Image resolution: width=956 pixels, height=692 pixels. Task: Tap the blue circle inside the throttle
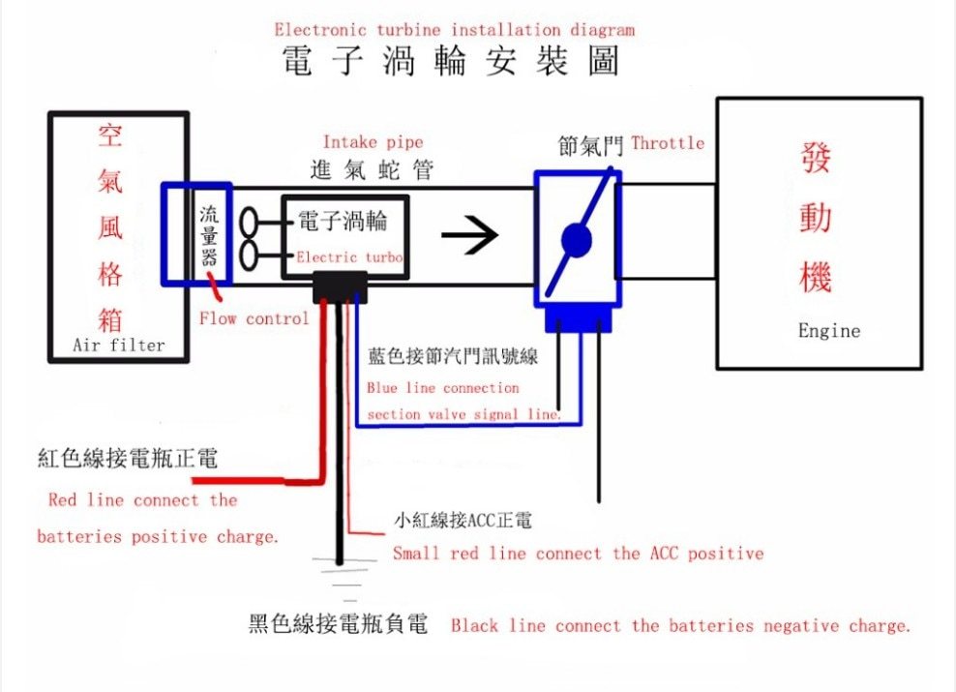tap(577, 240)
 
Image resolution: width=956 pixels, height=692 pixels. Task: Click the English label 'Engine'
tap(828, 331)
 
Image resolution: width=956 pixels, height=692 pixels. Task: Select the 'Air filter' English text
tap(118, 345)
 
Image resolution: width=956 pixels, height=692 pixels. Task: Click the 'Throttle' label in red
tap(668, 143)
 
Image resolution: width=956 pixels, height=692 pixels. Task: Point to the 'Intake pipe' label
tap(373, 142)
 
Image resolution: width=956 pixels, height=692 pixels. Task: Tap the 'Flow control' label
tap(254, 318)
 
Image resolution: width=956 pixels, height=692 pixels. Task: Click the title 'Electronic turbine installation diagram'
tap(455, 30)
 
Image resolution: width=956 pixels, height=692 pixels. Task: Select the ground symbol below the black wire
tap(340, 575)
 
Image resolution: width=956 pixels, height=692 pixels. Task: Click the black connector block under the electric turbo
tap(341, 286)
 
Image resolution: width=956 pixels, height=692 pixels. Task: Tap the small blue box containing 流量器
tap(209, 235)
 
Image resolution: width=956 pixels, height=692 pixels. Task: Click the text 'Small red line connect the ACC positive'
tap(578, 554)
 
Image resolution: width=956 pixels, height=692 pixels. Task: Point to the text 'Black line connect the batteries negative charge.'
tap(680, 626)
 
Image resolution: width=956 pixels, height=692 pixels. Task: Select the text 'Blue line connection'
tap(443, 388)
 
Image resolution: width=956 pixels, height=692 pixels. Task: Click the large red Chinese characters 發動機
tap(816, 218)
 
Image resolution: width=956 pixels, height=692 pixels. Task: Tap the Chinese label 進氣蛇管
tap(372, 171)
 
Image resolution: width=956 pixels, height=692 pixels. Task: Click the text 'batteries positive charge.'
tap(158, 536)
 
